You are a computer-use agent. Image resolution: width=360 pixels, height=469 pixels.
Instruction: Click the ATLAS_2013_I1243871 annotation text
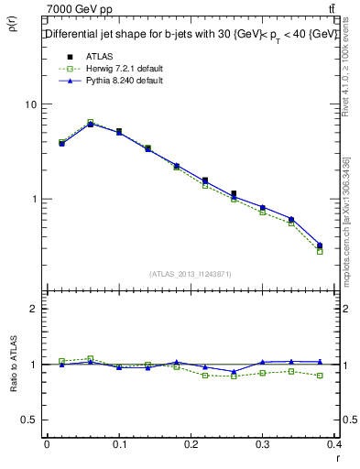pyautogui.click(x=191, y=274)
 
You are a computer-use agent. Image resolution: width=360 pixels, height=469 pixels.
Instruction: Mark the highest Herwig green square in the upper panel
pyautogui.click(x=90, y=122)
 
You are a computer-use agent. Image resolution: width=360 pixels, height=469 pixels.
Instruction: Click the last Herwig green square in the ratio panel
pyautogui.click(x=320, y=376)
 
